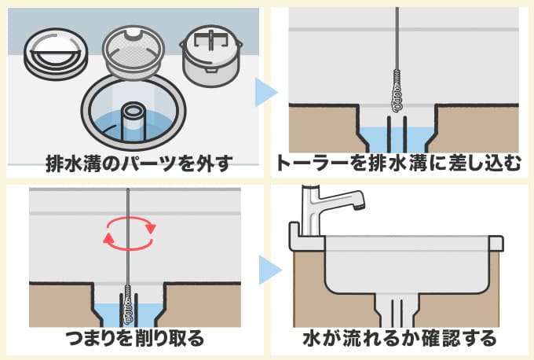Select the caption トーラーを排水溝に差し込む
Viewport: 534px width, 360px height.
click(400, 164)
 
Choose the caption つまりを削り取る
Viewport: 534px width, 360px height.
click(131, 339)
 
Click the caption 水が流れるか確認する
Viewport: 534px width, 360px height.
click(400, 339)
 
